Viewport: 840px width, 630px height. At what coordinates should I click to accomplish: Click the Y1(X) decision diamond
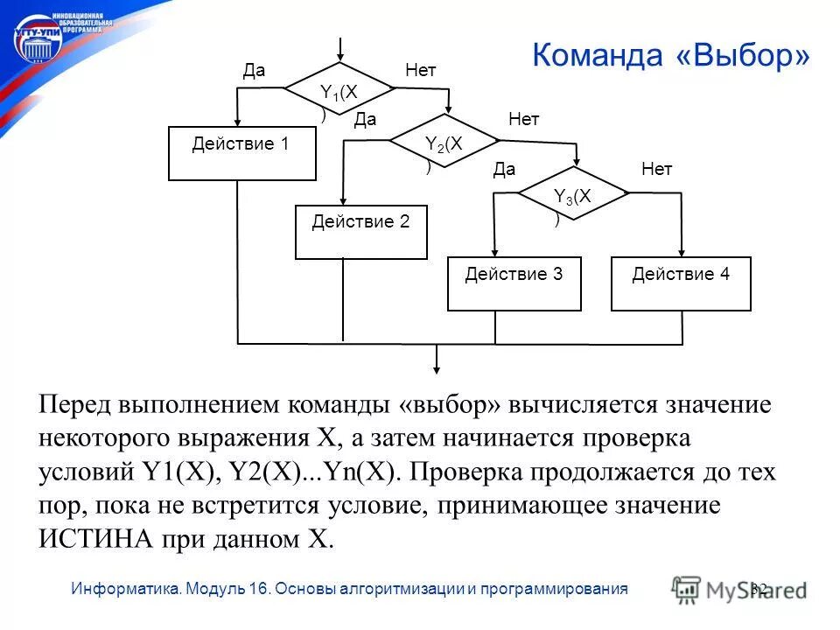[x=340, y=91]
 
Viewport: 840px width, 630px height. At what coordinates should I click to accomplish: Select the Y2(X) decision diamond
[x=444, y=143]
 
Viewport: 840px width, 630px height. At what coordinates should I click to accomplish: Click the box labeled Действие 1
[x=241, y=154]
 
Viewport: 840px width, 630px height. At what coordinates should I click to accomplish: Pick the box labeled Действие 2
[x=361, y=232]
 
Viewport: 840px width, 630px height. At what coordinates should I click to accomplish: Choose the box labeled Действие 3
[x=514, y=283]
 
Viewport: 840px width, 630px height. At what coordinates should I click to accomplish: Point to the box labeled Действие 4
[x=681, y=283]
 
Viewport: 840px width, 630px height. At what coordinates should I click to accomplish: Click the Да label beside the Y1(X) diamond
[x=254, y=71]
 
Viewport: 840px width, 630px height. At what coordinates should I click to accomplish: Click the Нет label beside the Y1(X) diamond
[x=420, y=71]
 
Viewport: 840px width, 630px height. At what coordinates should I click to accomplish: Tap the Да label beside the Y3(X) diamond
[x=504, y=170]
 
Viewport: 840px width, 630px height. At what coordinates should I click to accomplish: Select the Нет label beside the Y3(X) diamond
[x=656, y=170]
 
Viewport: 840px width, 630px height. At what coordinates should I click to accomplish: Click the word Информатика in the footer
[x=125, y=589]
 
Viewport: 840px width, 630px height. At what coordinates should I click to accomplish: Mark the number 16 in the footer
[x=258, y=589]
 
